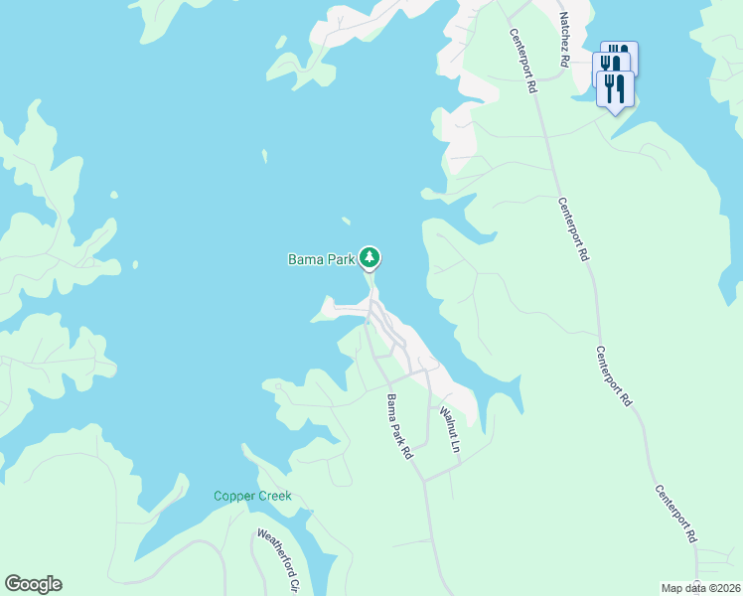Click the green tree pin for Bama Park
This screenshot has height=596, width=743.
[370, 258]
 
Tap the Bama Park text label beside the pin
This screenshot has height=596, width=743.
[321, 260]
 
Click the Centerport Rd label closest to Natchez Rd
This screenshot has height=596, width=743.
[523, 60]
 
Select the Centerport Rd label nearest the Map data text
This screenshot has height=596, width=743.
[675, 515]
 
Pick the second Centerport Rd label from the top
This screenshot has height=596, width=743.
[574, 229]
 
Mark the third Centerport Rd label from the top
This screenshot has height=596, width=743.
[614, 376]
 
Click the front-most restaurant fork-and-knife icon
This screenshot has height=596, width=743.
[616, 88]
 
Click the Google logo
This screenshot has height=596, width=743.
[33, 584]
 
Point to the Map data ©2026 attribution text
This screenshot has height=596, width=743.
[700, 588]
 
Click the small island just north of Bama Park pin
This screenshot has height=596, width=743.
[346, 221]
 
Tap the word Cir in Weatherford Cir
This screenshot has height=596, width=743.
[295, 585]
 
